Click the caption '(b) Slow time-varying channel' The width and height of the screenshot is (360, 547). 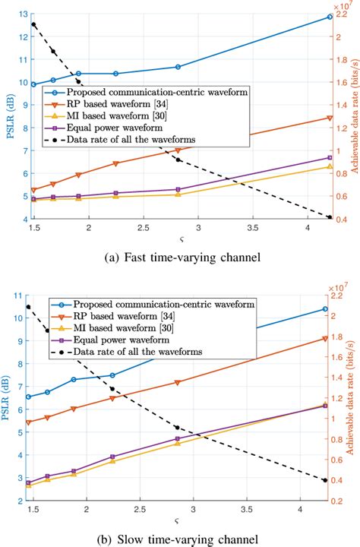coord(180,537)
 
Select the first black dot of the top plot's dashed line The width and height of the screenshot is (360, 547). coord(33,24)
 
